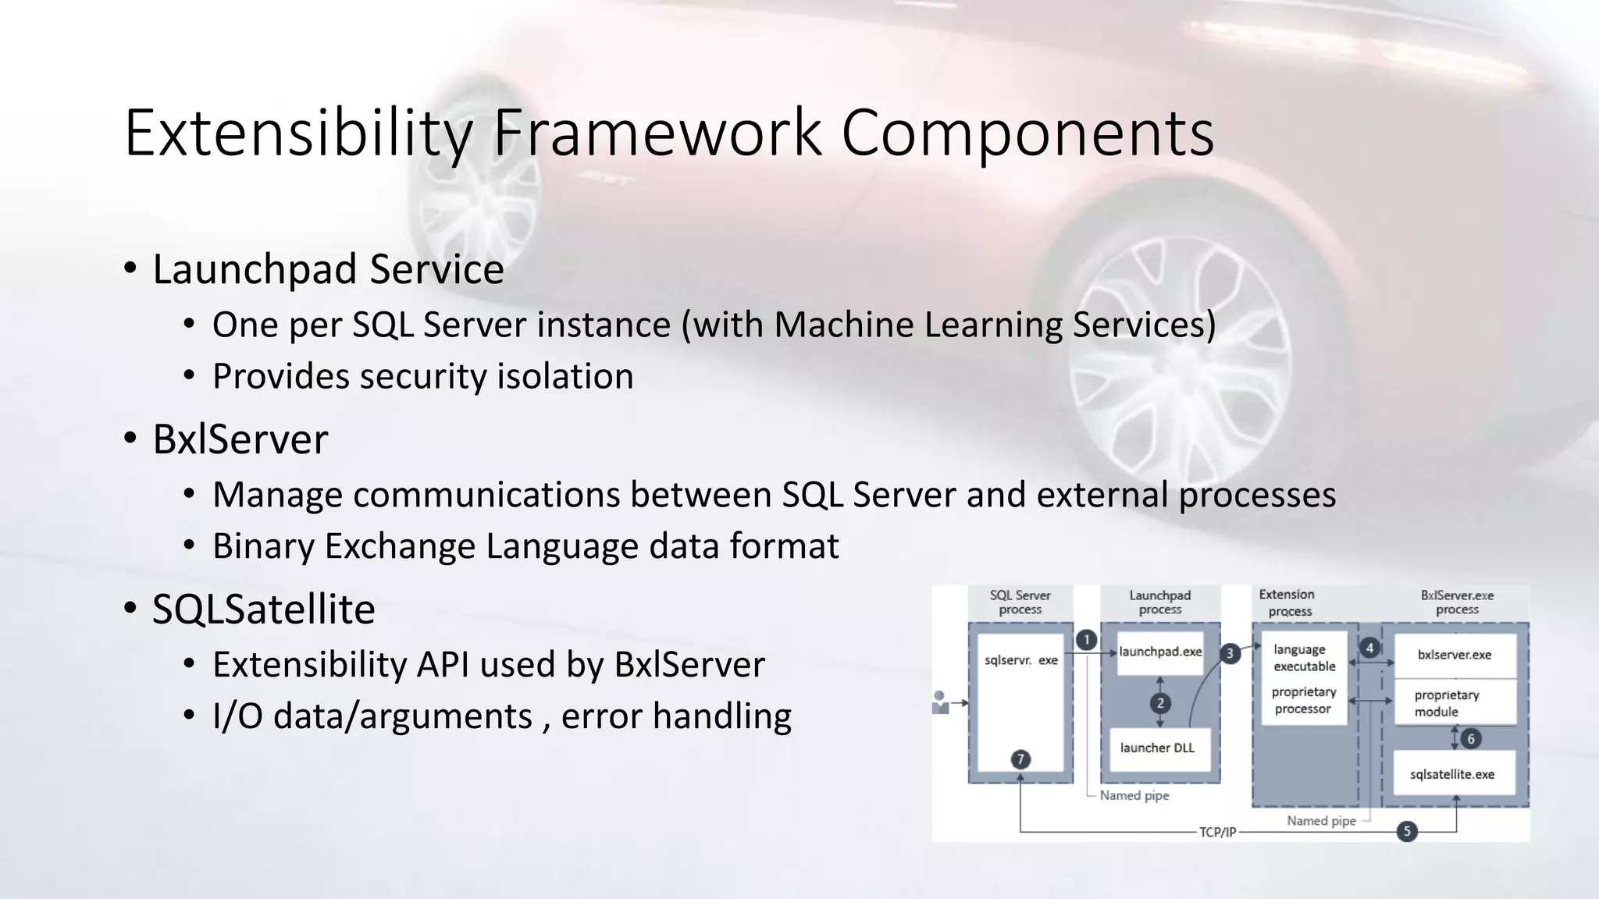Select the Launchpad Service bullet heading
click(x=328, y=269)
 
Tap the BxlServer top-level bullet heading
click(x=240, y=439)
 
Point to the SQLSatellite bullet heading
click(x=263, y=609)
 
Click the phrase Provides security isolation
click(x=422, y=376)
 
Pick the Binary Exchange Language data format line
click(x=525, y=545)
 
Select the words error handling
click(x=675, y=716)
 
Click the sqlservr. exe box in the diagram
click(x=1020, y=660)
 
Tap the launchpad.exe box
click(x=1160, y=652)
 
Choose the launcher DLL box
click(x=1157, y=748)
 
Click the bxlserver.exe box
click(x=1454, y=655)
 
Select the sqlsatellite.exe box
click(x=1451, y=774)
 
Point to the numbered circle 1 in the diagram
click(x=1086, y=640)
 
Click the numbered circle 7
click(x=1020, y=759)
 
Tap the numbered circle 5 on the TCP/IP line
click(x=1407, y=831)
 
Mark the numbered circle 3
click(x=1230, y=653)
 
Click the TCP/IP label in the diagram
click(x=1217, y=832)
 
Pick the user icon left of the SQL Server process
click(x=940, y=702)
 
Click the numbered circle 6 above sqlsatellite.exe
click(x=1471, y=738)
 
